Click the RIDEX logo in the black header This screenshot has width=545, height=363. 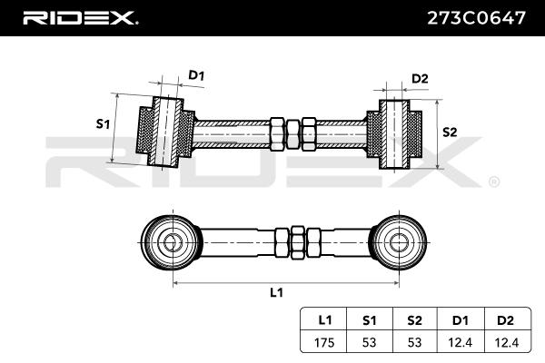80,18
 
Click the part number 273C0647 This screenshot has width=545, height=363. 476,18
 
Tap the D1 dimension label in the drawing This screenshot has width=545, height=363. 196,75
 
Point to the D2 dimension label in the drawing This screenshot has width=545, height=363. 420,79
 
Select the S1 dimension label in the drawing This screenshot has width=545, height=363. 103,123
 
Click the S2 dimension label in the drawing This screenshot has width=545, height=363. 450,132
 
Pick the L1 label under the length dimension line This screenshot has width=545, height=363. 277,293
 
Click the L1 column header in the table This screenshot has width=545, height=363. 325,320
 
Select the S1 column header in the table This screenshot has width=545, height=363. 369,320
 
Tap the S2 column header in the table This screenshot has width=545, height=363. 414,320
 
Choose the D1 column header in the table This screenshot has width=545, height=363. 460,320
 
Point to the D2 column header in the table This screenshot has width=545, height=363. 505,320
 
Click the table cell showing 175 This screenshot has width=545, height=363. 324,343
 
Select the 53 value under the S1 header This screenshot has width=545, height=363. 369,343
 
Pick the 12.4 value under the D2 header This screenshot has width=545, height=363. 507,343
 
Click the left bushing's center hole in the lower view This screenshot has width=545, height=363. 173,242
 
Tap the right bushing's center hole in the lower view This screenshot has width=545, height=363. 399,242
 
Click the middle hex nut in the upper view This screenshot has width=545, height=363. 292,134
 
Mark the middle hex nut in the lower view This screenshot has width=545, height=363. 298,242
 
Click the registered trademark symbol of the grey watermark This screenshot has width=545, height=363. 494,182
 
